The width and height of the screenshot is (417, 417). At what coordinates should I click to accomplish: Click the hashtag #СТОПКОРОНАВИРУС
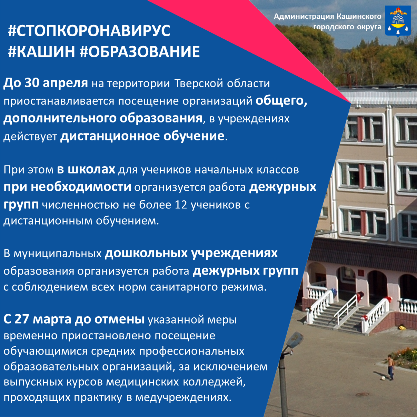(89, 31)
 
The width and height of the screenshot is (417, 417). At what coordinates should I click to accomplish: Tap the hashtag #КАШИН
(41, 51)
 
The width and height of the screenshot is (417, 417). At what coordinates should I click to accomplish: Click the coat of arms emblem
(398, 21)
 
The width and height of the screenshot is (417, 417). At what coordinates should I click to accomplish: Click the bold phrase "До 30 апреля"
(46, 83)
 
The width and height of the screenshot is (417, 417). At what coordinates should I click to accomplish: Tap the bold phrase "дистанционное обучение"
(142, 136)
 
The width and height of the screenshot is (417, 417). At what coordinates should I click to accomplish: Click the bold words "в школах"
(86, 169)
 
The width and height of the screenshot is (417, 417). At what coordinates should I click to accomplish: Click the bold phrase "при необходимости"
(67, 187)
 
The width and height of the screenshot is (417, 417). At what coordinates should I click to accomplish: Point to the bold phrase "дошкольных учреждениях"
(191, 253)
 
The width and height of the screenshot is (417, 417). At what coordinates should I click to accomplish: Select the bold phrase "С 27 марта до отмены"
(74, 319)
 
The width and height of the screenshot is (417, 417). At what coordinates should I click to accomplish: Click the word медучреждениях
(182, 398)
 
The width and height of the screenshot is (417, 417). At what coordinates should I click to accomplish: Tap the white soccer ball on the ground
(384, 378)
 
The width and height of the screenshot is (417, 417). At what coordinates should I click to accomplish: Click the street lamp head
(295, 340)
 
